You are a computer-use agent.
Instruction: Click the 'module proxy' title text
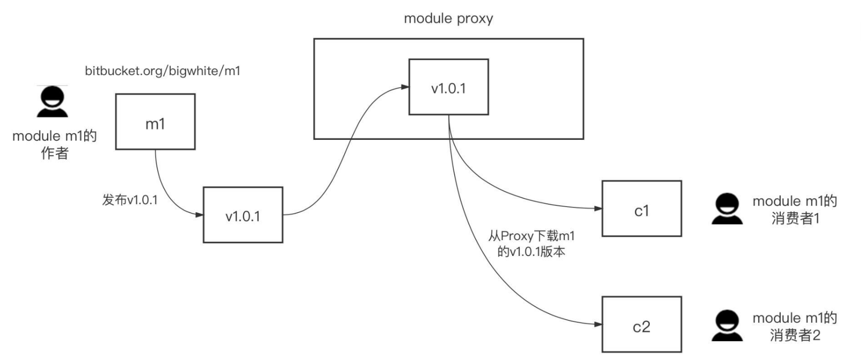click(448, 19)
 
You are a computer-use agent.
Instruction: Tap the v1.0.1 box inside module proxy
click(448, 87)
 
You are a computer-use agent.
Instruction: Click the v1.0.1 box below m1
click(243, 215)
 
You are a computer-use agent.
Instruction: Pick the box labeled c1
click(641, 209)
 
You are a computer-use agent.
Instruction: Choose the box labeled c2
click(641, 325)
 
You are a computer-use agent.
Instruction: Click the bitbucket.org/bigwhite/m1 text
click(163, 71)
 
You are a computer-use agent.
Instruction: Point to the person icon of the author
click(52, 102)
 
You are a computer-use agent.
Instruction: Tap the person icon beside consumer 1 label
click(727, 209)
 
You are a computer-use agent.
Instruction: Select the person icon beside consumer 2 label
click(727, 326)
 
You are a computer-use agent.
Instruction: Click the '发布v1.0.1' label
click(130, 200)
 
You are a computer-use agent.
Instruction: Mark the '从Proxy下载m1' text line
click(531, 236)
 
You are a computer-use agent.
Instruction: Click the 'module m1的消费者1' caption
click(795, 210)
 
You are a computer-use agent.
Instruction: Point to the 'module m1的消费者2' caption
click(795, 326)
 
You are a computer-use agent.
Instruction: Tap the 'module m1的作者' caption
click(55, 144)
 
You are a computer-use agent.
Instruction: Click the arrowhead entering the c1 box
click(598, 209)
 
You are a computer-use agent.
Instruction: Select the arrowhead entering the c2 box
click(598, 324)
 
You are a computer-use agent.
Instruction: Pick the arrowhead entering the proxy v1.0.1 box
click(405, 87)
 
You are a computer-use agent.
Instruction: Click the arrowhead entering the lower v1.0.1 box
click(199, 214)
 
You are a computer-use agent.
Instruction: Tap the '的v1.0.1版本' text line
click(531, 252)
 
